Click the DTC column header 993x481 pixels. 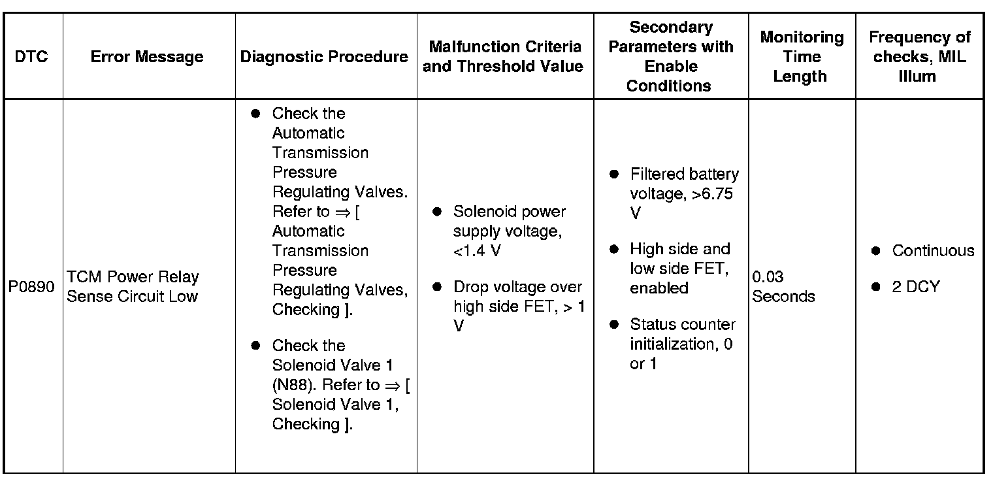[x=32, y=57]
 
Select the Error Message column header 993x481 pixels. [x=147, y=57]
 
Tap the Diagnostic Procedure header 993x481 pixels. [x=325, y=57]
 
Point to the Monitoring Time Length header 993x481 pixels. [x=802, y=57]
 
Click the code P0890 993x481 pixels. [x=32, y=287]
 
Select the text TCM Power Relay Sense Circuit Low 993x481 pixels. [x=133, y=287]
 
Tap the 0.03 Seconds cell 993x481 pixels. [x=783, y=287]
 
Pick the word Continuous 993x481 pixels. [x=933, y=251]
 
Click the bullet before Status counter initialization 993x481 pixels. [x=614, y=325]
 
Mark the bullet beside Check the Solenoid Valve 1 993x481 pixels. [x=256, y=346]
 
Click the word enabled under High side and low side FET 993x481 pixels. [x=659, y=288]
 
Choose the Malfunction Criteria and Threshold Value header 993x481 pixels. [x=504, y=57]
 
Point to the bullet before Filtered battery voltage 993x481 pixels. [x=614, y=175]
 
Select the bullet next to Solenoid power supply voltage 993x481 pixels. [x=437, y=212]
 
